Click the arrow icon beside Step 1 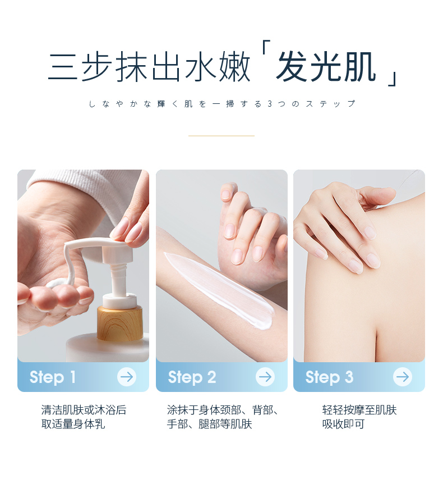click(127, 377)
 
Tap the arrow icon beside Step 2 click(265, 377)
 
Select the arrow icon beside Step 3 click(403, 377)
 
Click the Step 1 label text click(53, 377)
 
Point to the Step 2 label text click(192, 377)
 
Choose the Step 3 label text click(329, 377)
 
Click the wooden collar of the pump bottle click(119, 323)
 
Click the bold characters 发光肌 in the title click(325, 67)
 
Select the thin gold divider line click(221, 136)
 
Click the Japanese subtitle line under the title click(221, 104)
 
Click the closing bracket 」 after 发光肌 click(393, 79)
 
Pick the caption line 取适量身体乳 click(73, 424)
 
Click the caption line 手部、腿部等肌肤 click(209, 424)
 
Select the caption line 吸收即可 click(343, 424)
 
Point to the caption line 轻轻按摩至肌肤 click(359, 410)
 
